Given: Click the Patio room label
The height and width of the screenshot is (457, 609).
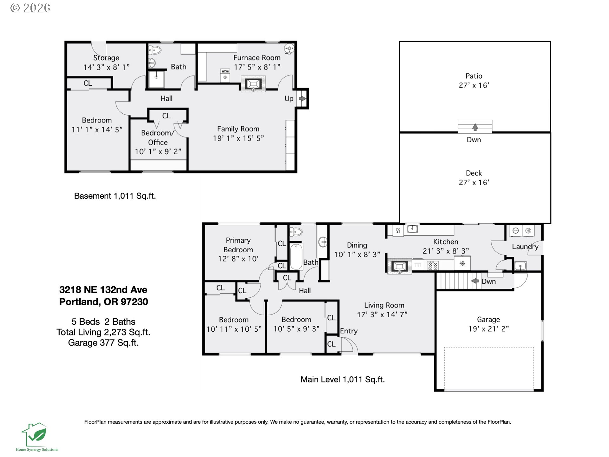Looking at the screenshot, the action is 474,76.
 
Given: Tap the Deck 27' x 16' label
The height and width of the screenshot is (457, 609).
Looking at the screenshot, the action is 474,178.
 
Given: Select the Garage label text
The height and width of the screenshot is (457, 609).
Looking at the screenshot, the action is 488,320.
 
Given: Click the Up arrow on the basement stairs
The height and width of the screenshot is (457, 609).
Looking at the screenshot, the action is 302,99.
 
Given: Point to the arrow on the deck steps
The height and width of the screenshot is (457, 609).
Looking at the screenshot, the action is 475,127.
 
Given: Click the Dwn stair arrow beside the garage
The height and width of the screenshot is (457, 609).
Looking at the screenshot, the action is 475,281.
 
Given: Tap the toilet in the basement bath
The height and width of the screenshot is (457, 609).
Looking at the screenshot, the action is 155,50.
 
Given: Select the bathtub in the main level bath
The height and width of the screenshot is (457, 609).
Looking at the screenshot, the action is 296,256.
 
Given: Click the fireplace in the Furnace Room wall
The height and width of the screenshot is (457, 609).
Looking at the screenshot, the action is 253,84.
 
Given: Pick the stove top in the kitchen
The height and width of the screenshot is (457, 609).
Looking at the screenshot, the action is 433,265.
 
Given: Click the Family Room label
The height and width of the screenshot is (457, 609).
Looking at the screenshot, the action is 238,129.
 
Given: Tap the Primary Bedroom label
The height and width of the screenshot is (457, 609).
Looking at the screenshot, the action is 238,245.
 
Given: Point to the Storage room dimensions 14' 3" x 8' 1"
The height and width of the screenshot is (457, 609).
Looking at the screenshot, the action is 106,67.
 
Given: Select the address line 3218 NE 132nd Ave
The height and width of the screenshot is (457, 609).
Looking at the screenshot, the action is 103,290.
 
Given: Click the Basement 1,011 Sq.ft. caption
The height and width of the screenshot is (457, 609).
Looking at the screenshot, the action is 115,196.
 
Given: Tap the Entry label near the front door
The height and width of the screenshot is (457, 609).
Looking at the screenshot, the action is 349,331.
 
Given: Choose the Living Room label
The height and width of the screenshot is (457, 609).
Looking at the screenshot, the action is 384,305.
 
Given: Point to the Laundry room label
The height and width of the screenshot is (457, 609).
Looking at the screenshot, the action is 525,247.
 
